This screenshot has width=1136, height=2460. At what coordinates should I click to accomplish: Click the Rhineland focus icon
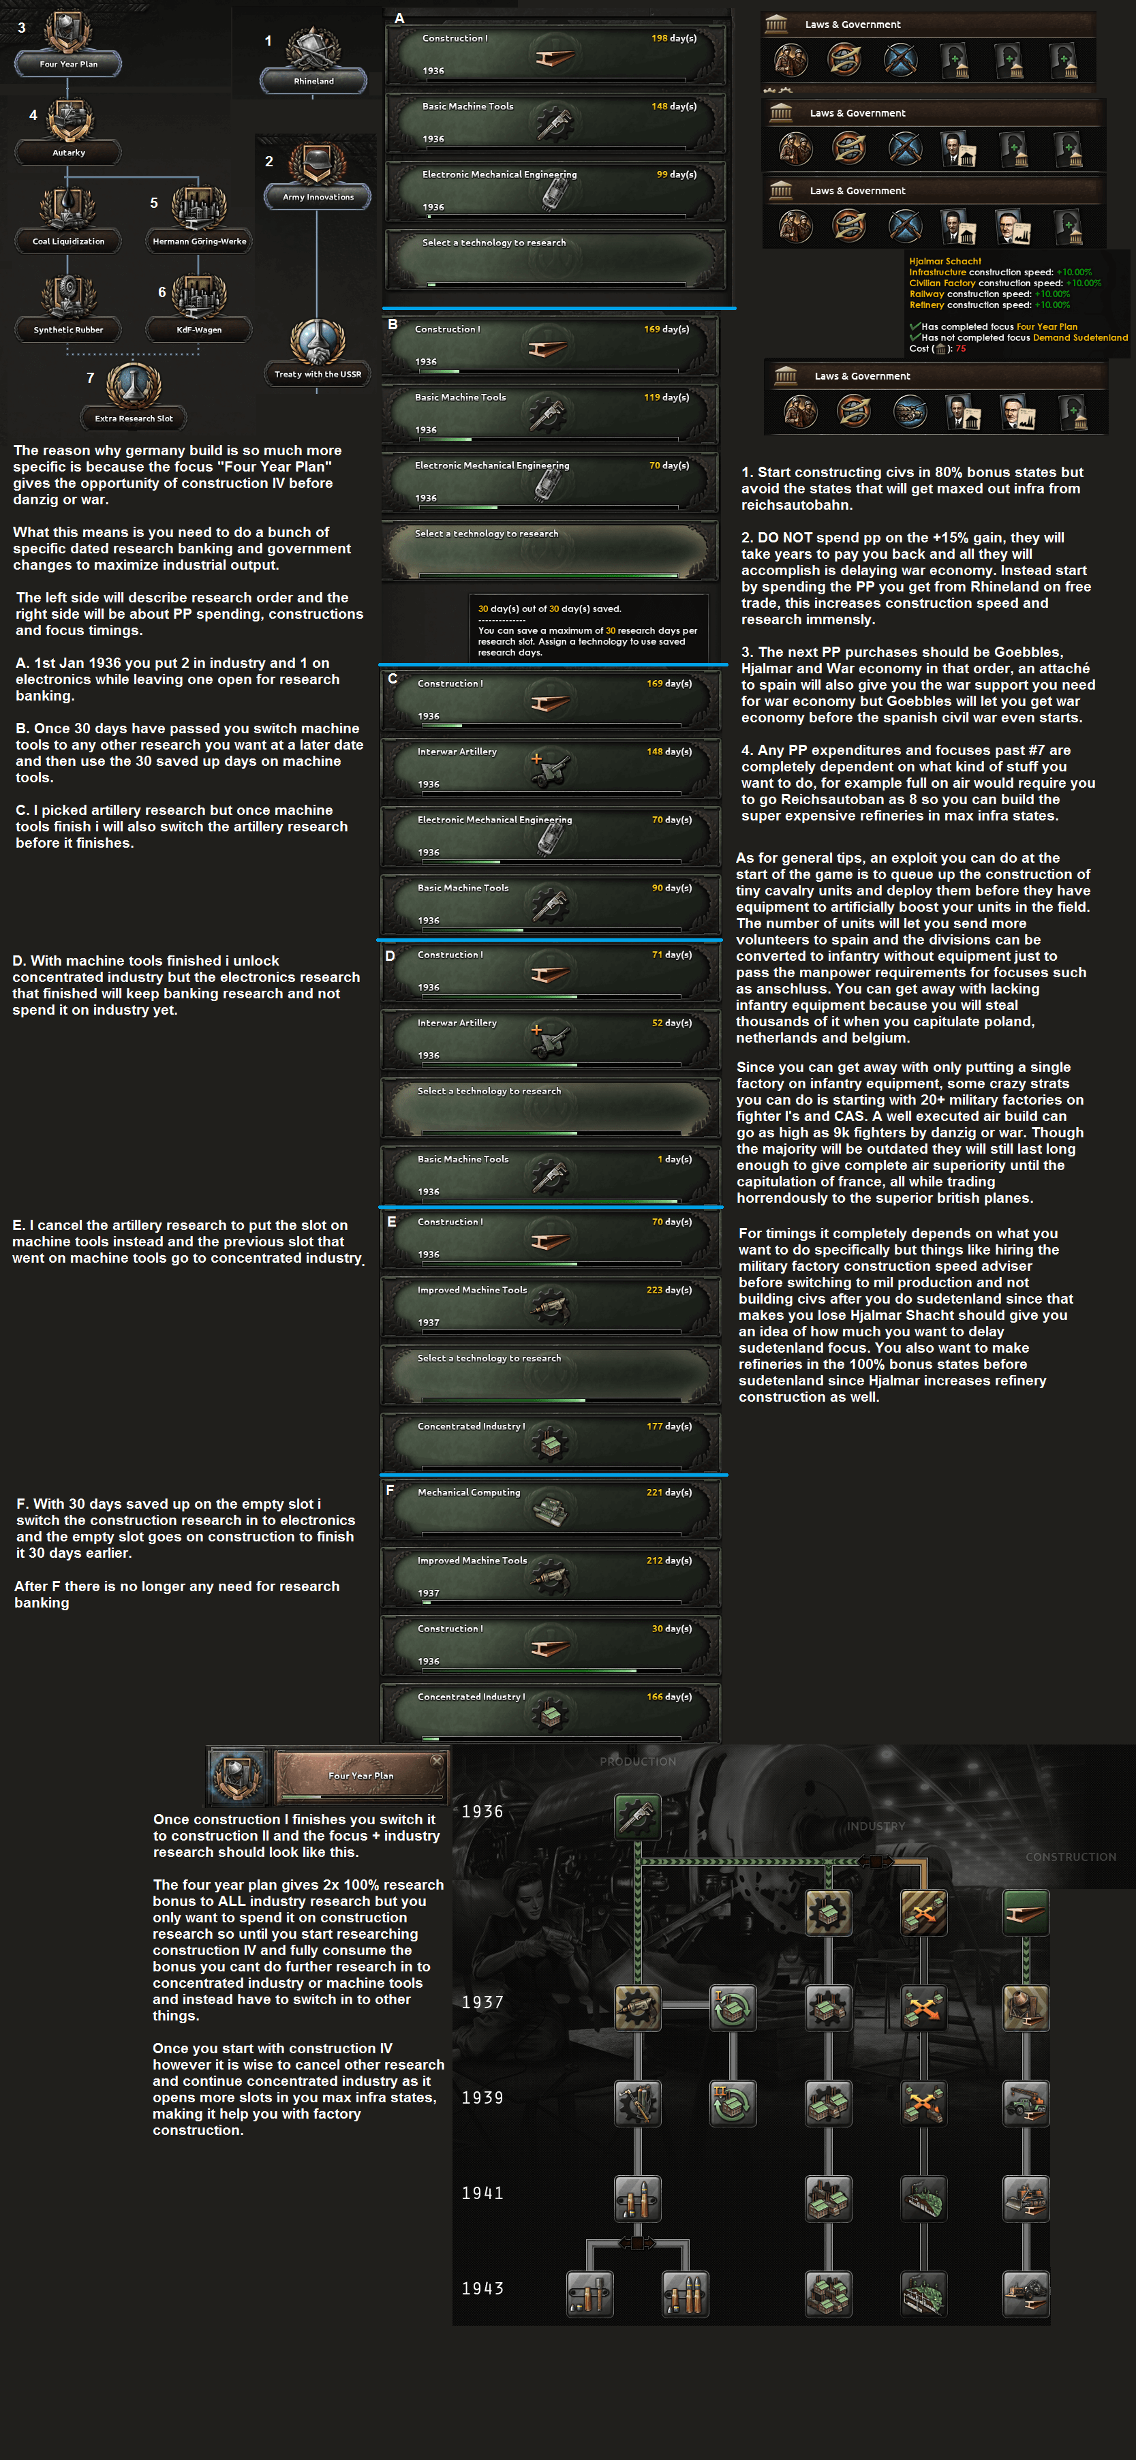pos(313,48)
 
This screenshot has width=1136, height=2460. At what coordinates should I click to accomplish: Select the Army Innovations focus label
pos(318,197)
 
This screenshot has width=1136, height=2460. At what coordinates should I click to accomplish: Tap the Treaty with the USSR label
pos(318,374)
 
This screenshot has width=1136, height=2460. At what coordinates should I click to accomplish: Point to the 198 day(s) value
pos(674,38)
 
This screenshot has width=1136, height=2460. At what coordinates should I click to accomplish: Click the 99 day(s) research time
pos(677,174)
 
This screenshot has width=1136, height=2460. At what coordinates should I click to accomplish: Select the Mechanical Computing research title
pos(469,1492)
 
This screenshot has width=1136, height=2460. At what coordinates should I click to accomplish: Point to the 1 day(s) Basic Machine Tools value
pos(674,1159)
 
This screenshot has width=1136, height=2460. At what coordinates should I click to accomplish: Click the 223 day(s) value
pos(669,1290)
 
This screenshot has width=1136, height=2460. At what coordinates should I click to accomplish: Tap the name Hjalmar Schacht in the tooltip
pos(945,261)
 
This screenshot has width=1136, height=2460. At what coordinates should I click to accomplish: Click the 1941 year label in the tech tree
pos(482,2194)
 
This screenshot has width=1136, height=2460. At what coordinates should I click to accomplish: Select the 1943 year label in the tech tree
pos(482,2289)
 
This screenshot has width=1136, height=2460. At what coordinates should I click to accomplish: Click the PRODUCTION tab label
pos(638,1761)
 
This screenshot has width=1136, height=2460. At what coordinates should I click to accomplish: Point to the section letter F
pos(390,1490)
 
